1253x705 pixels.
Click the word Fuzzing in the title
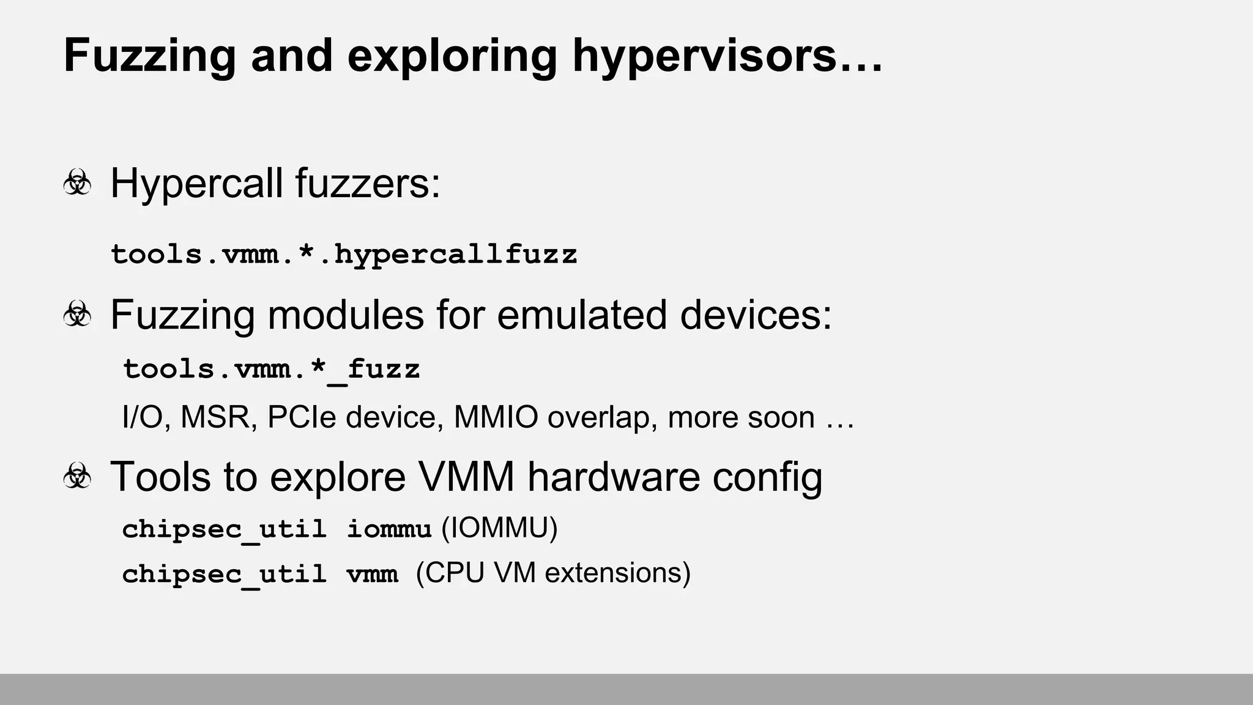pyautogui.click(x=149, y=56)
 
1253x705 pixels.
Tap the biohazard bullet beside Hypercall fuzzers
pyautogui.click(x=77, y=183)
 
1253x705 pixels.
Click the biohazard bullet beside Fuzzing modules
pyautogui.click(x=77, y=315)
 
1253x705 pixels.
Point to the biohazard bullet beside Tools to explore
pyautogui.click(x=77, y=476)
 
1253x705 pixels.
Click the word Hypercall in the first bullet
pyautogui.click(x=196, y=183)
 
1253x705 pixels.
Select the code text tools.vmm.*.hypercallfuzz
pyautogui.click(x=344, y=254)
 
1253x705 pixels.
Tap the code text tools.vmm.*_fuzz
pyautogui.click(x=272, y=369)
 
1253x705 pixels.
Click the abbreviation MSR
pyautogui.click(x=218, y=417)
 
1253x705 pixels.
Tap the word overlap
pyautogui.click(x=602, y=417)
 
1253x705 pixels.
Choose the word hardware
pyautogui.click(x=613, y=476)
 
